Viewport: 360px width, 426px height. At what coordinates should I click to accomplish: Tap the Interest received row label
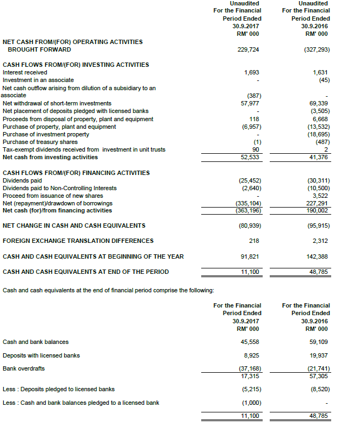pos(25,72)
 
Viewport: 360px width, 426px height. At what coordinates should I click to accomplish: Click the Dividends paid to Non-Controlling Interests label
pos(59,189)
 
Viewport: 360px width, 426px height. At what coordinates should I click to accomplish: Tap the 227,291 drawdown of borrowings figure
pos(319,204)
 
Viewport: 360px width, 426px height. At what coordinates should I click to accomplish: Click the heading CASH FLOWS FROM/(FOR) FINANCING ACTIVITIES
pos(76,173)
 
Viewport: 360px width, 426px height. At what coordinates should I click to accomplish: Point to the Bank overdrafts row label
pos(24,368)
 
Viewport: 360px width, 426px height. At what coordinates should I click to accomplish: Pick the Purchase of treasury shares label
pos(40,142)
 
